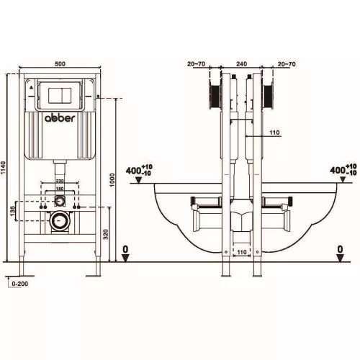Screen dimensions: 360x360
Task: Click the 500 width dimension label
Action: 60,64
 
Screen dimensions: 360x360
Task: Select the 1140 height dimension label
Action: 3,168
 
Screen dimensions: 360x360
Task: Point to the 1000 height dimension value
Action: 112,180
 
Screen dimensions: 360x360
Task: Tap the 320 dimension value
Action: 106,234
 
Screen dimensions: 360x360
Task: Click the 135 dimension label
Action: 13,210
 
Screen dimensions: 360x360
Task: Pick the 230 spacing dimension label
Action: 60,181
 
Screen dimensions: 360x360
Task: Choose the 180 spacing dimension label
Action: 60,189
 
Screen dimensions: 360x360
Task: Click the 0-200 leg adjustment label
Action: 20,284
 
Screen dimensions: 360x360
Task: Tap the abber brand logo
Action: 60,118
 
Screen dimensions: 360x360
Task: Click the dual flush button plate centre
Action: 60,96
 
